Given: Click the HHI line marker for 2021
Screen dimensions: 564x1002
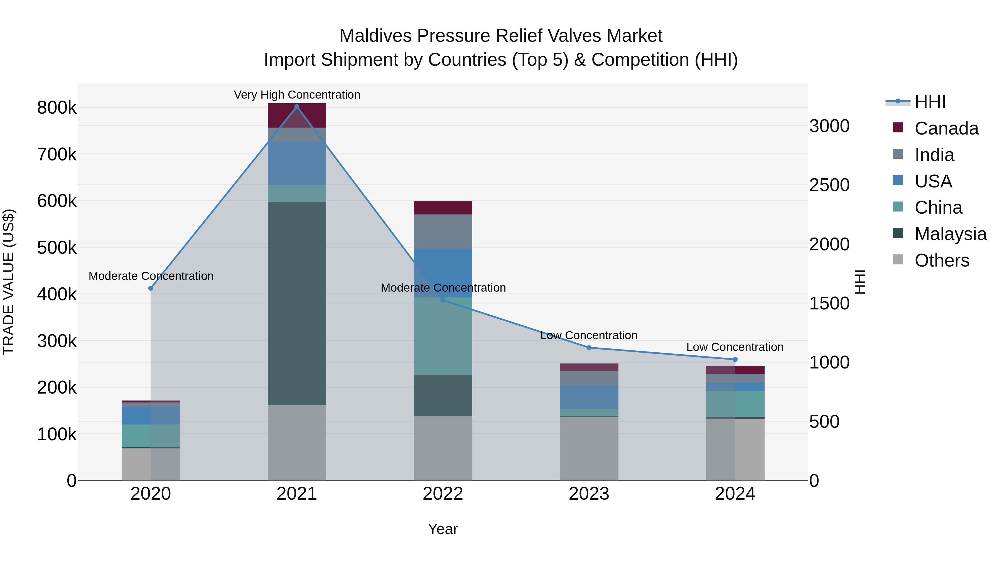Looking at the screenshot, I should (297, 107).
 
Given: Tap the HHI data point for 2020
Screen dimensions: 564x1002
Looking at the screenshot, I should (151, 289).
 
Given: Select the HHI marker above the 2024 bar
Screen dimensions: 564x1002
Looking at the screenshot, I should (735, 360).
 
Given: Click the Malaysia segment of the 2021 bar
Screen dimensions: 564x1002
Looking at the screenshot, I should (297, 303).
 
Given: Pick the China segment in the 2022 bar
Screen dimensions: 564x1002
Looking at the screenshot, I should (443, 336).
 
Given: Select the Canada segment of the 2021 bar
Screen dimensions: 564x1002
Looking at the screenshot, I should (297, 116).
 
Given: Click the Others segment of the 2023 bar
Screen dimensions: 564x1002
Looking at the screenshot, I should (589, 448).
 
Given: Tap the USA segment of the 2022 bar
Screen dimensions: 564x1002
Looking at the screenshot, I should (443, 273).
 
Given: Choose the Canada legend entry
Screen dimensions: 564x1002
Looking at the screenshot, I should (946, 128).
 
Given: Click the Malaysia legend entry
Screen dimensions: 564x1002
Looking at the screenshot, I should (950, 234).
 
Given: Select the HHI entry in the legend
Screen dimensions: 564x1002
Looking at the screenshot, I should (930, 102).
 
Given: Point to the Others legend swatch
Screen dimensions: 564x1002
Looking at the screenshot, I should (898, 260).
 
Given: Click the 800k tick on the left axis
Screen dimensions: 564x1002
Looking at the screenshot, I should (57, 108).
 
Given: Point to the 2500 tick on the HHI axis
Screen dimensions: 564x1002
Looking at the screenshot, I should (829, 185).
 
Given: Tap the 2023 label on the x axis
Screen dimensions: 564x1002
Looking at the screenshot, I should (589, 494).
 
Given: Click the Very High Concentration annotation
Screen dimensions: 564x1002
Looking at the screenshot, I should (297, 95).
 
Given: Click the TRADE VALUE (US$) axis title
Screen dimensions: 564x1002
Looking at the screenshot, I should (9, 282).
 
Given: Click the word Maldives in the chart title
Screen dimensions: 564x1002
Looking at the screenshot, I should (375, 36).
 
